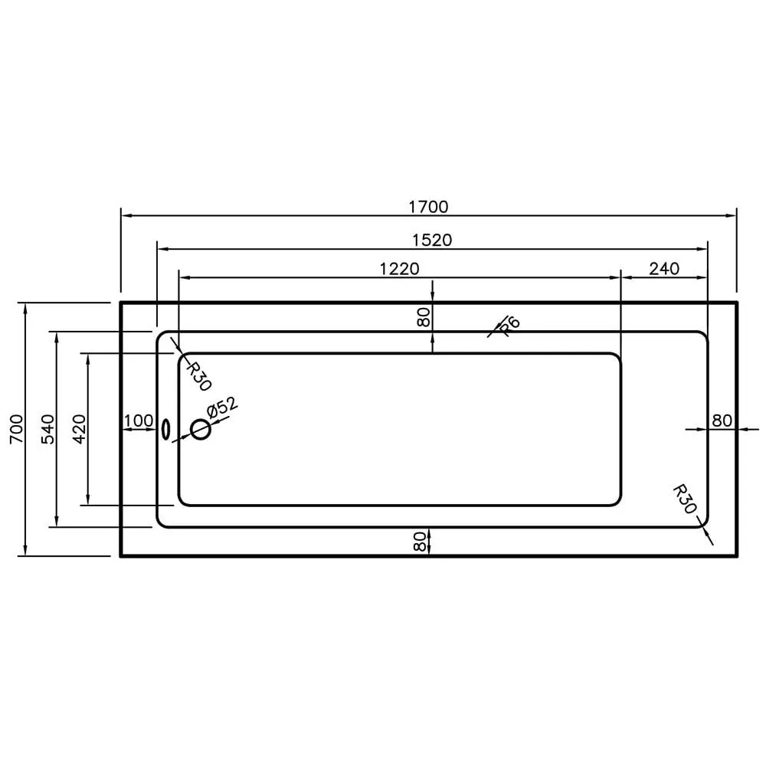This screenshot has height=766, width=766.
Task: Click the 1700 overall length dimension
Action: (x=428, y=206)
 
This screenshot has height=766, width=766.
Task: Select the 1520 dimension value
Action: (x=432, y=240)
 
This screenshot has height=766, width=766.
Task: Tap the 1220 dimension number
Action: (x=399, y=268)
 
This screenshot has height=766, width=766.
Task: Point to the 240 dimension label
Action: (x=663, y=268)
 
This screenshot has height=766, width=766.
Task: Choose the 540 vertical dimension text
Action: (x=47, y=430)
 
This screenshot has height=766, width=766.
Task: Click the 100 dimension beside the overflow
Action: (x=139, y=421)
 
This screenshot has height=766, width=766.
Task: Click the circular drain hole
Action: (x=201, y=430)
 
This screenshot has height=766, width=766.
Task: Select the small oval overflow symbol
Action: (x=165, y=429)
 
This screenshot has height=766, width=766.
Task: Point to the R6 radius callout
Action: (x=509, y=326)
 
